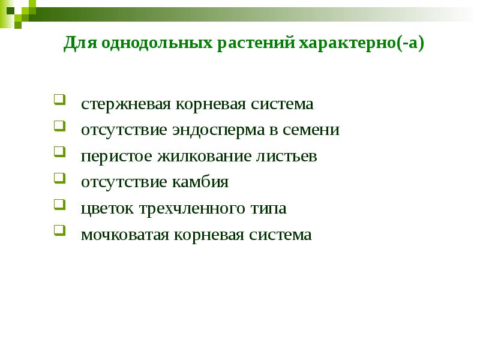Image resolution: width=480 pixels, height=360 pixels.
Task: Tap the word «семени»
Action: (x=316, y=130)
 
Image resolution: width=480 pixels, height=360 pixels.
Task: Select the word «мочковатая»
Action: (x=124, y=235)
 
